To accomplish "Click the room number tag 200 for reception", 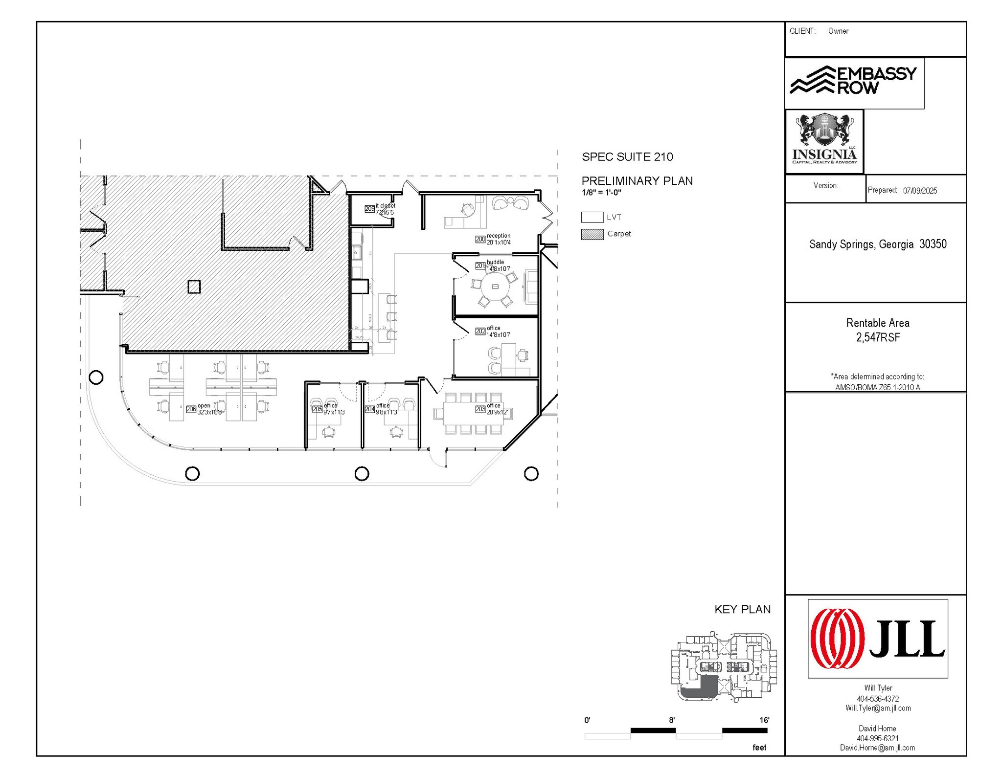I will (480, 239).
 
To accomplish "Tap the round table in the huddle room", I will (495, 287).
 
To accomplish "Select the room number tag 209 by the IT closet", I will (369, 209).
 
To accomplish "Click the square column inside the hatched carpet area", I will (194, 287).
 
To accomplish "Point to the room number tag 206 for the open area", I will (191, 409).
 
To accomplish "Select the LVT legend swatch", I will (592, 217).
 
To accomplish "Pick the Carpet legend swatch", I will (592, 234).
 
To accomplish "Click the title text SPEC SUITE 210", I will (627, 157).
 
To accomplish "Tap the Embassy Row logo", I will (854, 81).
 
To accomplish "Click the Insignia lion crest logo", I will (824, 139).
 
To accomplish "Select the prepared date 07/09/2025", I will (920, 191).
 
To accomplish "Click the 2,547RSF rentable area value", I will (878, 337).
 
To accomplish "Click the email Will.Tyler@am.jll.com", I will (878, 708).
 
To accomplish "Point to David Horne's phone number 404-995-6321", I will (878, 738).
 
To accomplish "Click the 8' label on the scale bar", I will (672, 720).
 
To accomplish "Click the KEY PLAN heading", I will (742, 609).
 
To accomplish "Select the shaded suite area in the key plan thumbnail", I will (705, 687).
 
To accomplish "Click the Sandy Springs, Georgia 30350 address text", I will (878, 244).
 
